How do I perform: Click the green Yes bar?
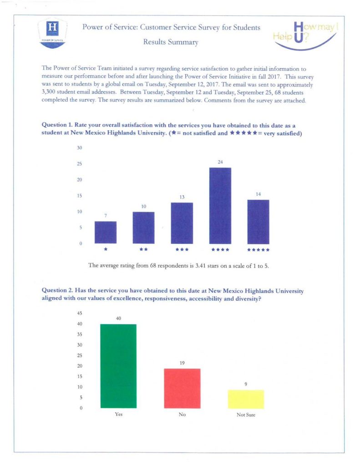118,366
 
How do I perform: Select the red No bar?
182,388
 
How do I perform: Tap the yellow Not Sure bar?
246,399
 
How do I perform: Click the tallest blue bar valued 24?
220,206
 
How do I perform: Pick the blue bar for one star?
105,232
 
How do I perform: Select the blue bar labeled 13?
182,223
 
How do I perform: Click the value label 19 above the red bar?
182,363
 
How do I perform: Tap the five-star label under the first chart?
258,250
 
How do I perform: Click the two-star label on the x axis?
143,249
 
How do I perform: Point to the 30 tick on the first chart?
79,148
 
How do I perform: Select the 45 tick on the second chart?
81,314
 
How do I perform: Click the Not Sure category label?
246,415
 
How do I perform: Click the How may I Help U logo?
305,35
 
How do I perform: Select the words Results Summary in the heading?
171,42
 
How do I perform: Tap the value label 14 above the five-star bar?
258,194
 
